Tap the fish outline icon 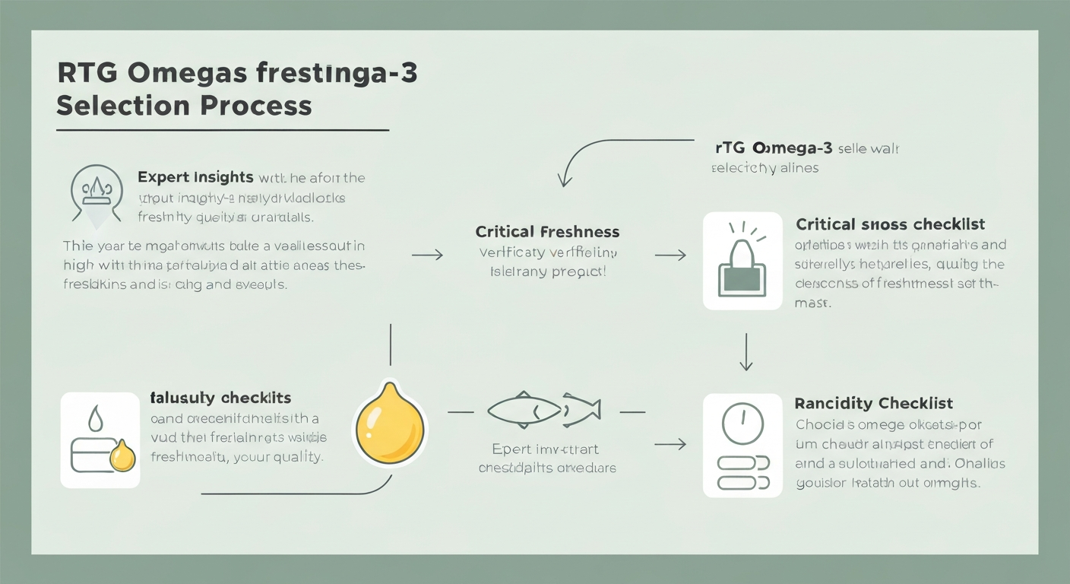[543, 411]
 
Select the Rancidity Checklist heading [874, 403]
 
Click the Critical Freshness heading [547, 231]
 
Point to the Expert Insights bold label [195, 177]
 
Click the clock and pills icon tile [742, 446]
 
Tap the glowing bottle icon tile [742, 261]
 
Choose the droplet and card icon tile [100, 440]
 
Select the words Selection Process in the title [184, 105]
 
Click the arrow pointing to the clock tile [670, 443]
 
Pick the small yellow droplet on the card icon [122, 458]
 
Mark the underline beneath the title [223, 130]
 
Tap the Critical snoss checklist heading [890, 224]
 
